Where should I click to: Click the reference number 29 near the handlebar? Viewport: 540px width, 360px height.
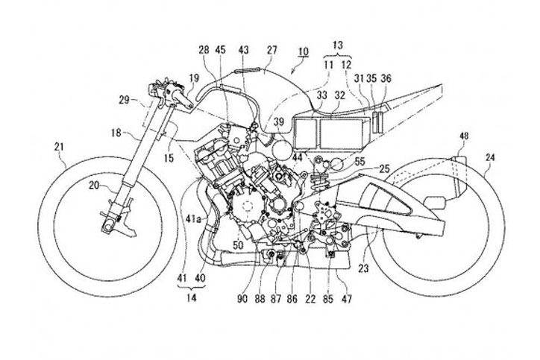pos(125,98)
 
